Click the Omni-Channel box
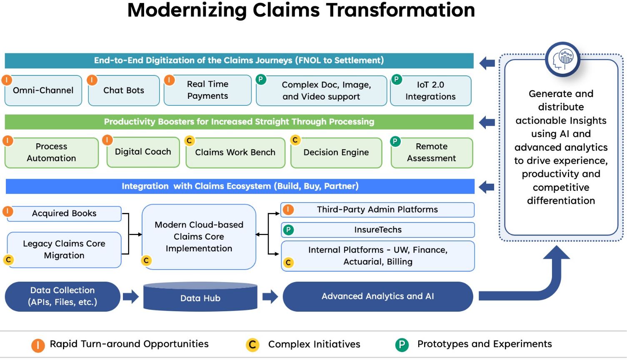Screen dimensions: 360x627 43,90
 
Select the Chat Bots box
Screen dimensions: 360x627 124,90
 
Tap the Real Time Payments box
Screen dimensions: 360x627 207,90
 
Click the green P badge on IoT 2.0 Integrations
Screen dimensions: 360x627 397,79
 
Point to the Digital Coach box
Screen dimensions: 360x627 143,152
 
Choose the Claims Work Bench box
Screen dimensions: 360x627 235,152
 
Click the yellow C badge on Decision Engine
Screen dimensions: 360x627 295,140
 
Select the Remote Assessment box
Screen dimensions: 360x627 431,152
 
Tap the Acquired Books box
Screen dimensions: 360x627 64,213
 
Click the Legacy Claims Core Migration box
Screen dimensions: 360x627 64,250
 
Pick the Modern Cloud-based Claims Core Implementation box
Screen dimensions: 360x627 199,237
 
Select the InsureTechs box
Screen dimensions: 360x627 378,230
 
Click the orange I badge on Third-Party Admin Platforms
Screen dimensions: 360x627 288,209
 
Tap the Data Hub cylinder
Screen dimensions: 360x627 200,297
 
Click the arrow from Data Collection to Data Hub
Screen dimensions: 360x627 131,297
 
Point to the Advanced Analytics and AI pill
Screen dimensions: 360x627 377,296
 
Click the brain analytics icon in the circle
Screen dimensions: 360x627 563,59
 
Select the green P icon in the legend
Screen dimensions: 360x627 402,345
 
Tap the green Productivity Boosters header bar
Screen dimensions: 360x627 239,122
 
